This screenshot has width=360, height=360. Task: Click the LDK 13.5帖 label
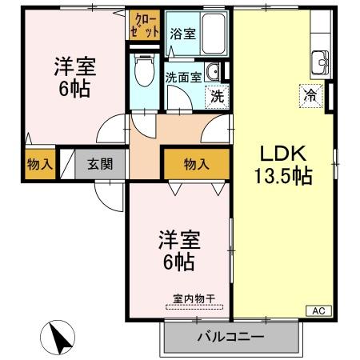282,165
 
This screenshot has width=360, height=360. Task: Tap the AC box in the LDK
317,310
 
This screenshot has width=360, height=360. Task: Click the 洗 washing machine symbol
217,96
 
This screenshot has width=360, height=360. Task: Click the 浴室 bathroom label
182,34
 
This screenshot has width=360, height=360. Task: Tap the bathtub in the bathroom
214,34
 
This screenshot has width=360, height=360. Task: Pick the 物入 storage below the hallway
196,164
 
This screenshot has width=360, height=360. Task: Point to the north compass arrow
58,338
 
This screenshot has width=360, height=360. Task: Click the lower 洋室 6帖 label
178,250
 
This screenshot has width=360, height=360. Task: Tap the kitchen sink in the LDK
322,61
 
